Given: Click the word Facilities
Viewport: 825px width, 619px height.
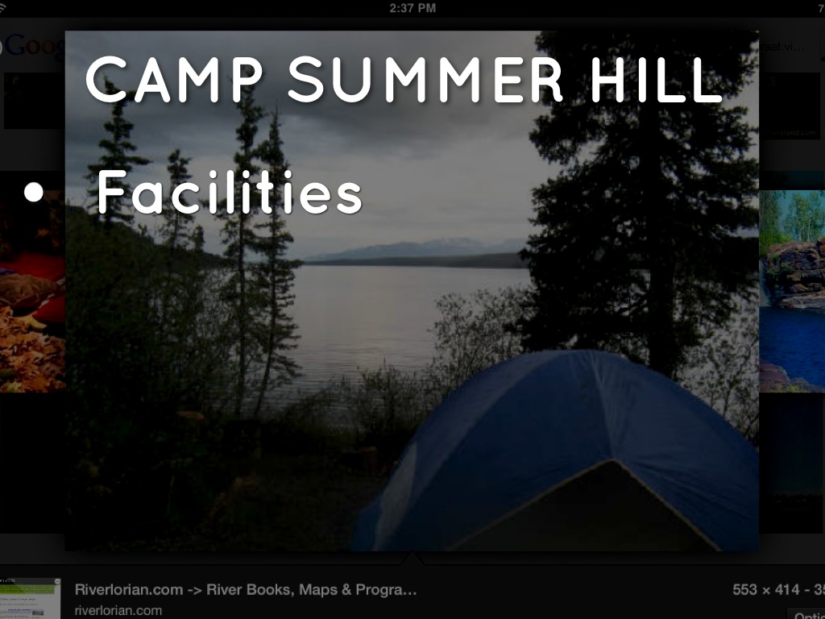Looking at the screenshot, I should pos(230,193).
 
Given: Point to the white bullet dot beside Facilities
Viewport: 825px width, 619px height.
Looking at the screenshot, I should pos(33,193).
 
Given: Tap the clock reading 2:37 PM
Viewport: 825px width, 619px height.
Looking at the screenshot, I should pos(412,8).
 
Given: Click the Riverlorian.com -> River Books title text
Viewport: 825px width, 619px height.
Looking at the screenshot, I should pos(246,590).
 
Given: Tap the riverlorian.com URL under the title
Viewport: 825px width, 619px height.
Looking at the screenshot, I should pos(118,610).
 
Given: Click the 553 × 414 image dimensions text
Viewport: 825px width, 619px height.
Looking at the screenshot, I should pos(765,590).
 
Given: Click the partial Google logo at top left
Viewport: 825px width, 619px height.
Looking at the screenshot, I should pos(32,45).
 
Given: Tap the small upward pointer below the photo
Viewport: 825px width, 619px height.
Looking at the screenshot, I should pos(413,557).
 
